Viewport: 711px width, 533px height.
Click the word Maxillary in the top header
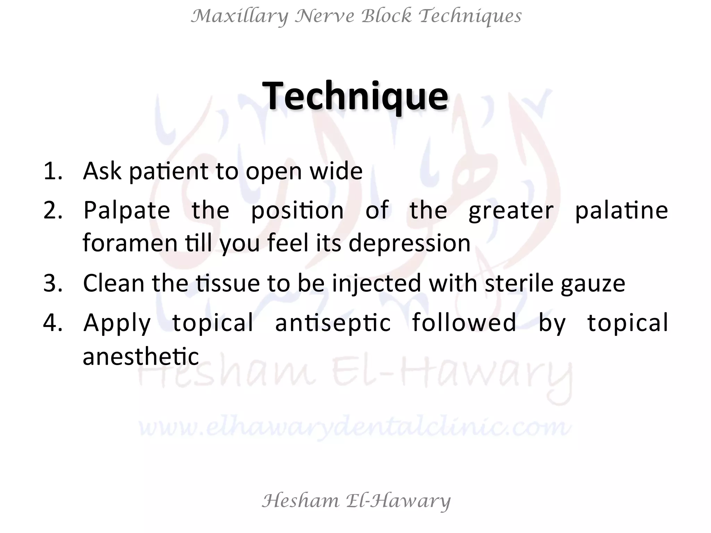click(240, 16)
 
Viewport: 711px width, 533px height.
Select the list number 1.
click(53, 171)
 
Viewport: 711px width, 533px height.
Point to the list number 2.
click(53, 210)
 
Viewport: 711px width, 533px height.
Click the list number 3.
click(53, 283)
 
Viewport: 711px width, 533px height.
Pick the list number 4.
click(53, 322)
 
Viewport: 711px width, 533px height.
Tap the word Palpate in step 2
click(127, 210)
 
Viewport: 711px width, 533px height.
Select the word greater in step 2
click(511, 211)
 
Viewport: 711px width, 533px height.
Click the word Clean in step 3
click(114, 283)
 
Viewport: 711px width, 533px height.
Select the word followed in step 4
click(464, 322)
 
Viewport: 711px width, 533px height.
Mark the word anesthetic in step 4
click(141, 357)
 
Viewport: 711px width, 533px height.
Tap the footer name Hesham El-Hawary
click(356, 501)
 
